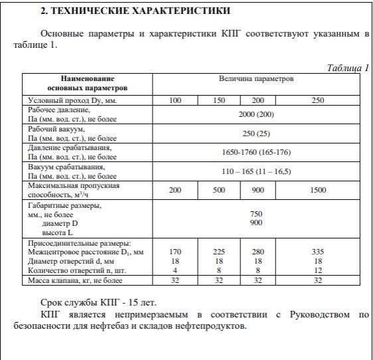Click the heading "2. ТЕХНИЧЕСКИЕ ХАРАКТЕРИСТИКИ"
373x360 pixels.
click(x=135, y=11)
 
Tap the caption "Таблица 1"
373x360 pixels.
click(x=348, y=68)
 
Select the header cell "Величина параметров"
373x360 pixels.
click(x=256, y=79)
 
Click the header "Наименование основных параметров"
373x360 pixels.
click(x=88, y=83)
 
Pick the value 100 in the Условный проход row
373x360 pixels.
click(x=175, y=100)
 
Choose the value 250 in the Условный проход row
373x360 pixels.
click(x=318, y=100)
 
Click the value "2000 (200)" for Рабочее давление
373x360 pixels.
click(x=256, y=114)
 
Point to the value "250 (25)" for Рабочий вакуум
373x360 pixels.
click(x=256, y=133)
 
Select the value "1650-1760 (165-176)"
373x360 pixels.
click(x=256, y=152)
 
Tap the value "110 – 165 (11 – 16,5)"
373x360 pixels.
click(x=256, y=171)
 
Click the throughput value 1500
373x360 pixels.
click(x=318, y=190)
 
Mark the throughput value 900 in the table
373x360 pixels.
click(x=259, y=190)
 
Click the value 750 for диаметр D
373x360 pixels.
click(x=256, y=214)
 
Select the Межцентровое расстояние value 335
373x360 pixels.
click(x=318, y=252)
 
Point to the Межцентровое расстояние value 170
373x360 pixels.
click(x=175, y=252)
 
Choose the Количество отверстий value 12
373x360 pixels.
click(x=318, y=271)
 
